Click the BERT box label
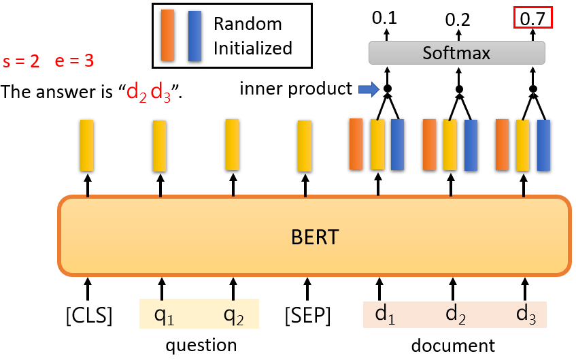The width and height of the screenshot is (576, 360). (314, 238)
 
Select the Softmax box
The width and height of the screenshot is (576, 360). (456, 52)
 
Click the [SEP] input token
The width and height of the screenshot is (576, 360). (307, 316)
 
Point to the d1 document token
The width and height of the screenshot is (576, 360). (384, 314)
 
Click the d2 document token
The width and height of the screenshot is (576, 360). (455, 314)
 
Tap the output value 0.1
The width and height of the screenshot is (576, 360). (386, 19)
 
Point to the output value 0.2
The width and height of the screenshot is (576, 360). (458, 19)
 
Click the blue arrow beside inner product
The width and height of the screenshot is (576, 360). (368, 88)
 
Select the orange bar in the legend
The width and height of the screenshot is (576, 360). (167, 36)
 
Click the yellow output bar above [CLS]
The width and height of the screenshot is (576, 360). (86, 145)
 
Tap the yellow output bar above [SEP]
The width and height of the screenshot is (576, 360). (305, 145)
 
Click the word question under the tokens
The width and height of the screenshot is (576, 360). (201, 345)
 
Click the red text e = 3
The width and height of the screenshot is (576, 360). (73, 61)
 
